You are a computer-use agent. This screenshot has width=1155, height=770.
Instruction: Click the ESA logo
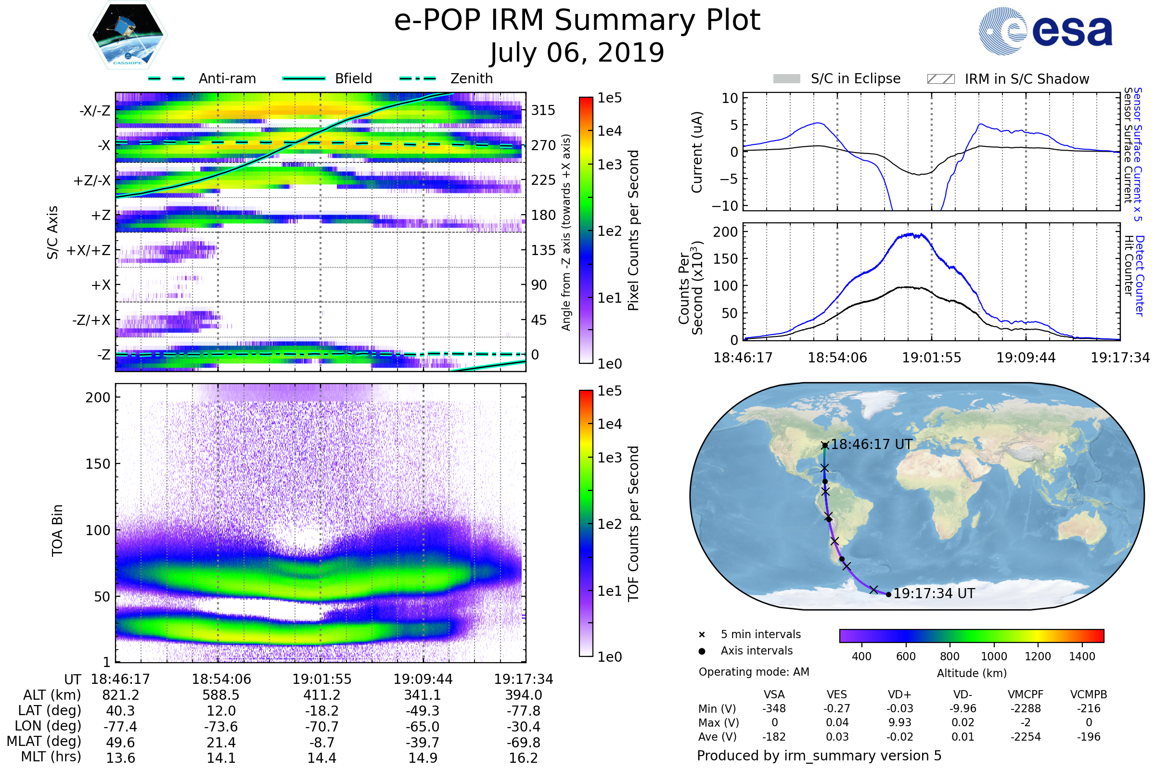pyautogui.click(x=1045, y=31)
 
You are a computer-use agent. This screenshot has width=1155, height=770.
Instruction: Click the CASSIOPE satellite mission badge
pyautogui.click(x=128, y=35)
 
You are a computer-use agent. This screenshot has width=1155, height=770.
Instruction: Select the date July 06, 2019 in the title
pyautogui.click(x=577, y=53)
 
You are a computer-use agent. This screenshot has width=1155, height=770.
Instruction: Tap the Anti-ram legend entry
pyautogui.click(x=202, y=78)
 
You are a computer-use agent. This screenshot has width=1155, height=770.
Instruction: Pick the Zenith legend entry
pyautogui.click(x=446, y=78)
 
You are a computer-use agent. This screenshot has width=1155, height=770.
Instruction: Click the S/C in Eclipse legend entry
pyautogui.click(x=837, y=78)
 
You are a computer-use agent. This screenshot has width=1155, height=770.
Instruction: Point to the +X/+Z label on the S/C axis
pyautogui.click(x=89, y=250)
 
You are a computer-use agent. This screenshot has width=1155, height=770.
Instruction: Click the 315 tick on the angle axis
pyautogui.click(x=543, y=110)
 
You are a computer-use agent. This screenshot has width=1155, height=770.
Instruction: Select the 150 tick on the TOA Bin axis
pyautogui.click(x=98, y=463)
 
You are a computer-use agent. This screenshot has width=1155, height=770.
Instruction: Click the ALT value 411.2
pyautogui.click(x=321, y=695)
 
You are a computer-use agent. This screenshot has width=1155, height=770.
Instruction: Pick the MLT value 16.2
pyautogui.click(x=524, y=757)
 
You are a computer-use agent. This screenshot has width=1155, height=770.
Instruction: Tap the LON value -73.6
pyautogui.click(x=221, y=726)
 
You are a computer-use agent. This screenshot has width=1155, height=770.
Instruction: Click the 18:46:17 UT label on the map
pyautogui.click(x=871, y=444)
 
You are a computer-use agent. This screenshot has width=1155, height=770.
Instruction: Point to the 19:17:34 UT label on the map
pyautogui.click(x=934, y=594)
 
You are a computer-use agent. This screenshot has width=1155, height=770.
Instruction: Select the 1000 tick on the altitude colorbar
pyautogui.click(x=994, y=656)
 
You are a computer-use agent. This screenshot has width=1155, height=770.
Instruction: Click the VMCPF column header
pyautogui.click(x=1026, y=694)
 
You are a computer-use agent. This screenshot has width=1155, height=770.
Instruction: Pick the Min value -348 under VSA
pyautogui.click(x=774, y=708)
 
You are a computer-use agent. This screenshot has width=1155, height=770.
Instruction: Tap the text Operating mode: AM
pyautogui.click(x=754, y=672)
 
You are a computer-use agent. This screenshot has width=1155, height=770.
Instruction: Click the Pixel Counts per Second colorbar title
pyautogui.click(x=633, y=231)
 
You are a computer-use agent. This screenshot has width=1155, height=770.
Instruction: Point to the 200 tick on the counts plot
pyautogui.click(x=725, y=232)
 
